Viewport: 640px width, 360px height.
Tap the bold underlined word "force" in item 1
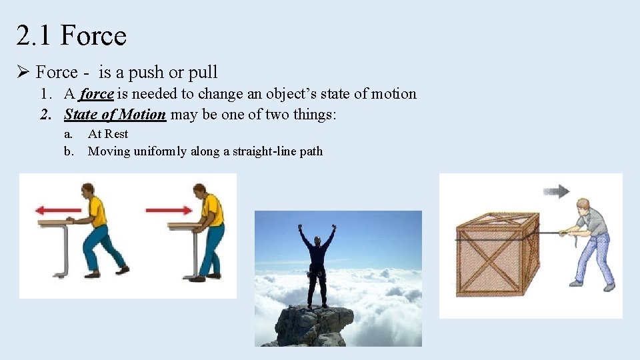pyautogui.click(x=97, y=94)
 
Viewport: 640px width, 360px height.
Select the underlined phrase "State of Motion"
pyautogui.click(x=115, y=115)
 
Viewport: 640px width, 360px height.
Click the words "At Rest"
pyautogui.click(x=108, y=134)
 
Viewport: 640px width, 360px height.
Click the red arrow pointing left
pyautogui.click(x=59, y=211)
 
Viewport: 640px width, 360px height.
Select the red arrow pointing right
pyautogui.click(x=169, y=210)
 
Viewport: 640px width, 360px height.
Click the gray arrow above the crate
pyautogui.click(x=557, y=192)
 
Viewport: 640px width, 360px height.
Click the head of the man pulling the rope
pyautogui.click(x=583, y=204)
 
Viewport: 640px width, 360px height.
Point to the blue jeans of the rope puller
pyautogui.click(x=595, y=257)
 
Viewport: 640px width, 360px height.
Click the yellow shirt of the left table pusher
pyautogui.click(x=97, y=211)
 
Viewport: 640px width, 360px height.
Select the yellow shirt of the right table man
pyautogui.click(x=213, y=210)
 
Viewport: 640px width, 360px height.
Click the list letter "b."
pyautogui.click(x=69, y=151)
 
